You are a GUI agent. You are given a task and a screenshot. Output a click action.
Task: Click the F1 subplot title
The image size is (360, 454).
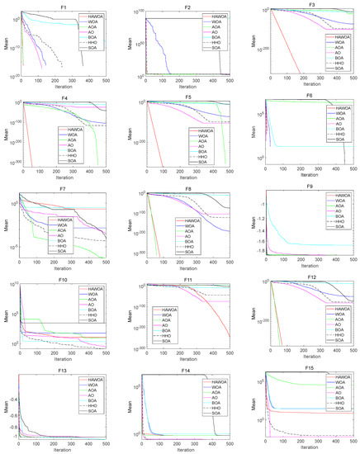(63, 5)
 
